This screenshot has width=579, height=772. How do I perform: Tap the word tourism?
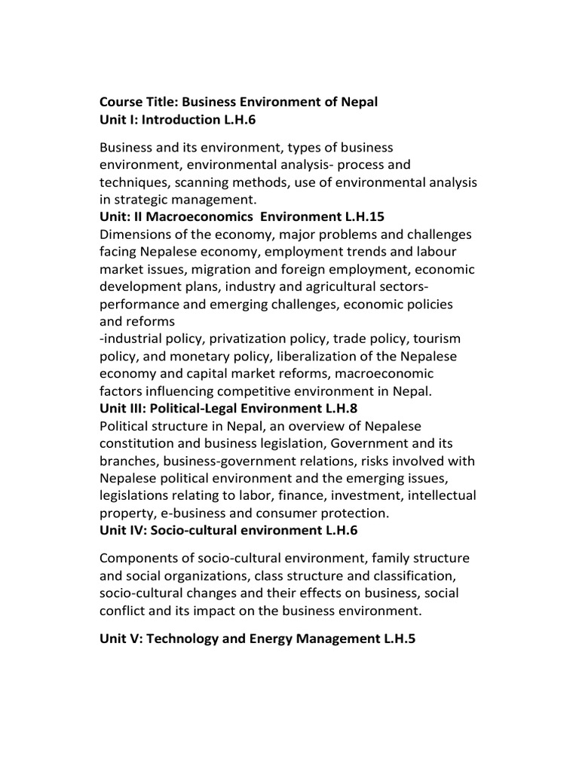coord(435,339)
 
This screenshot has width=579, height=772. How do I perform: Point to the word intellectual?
coord(439,495)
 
